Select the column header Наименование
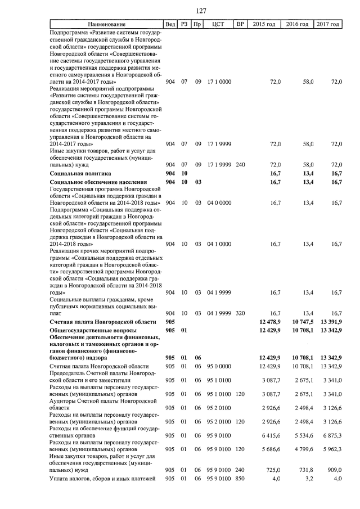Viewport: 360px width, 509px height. point(106,24)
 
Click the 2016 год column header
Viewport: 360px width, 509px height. point(296,24)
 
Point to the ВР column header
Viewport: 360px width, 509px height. point(240,24)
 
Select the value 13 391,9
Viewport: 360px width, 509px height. point(331,321)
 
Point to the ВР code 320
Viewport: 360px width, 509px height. point(240,312)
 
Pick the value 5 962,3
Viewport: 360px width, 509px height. point(332,449)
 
